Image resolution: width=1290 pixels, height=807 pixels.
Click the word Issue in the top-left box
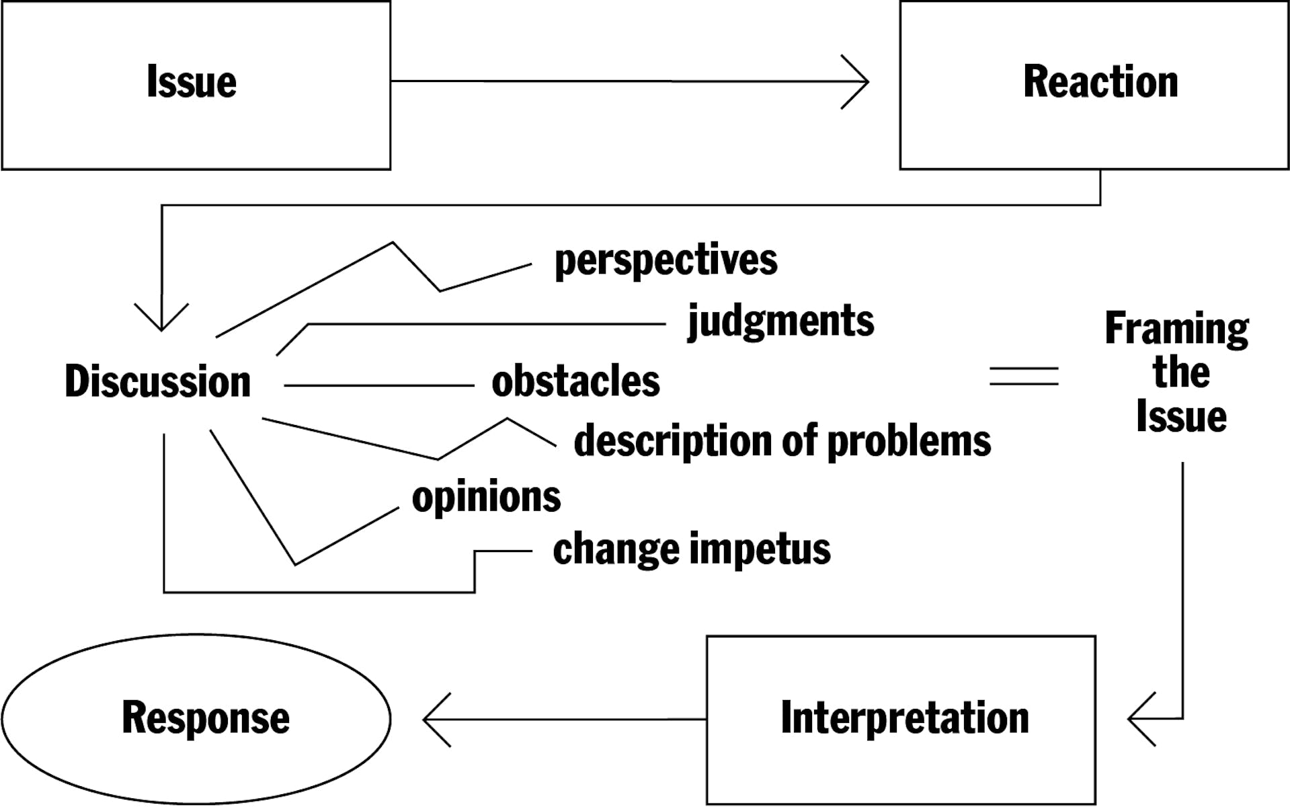192,81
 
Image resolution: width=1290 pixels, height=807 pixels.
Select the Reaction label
1100,81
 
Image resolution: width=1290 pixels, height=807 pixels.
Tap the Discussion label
158,381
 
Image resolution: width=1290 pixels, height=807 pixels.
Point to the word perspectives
666,261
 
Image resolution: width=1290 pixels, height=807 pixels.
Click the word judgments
780,321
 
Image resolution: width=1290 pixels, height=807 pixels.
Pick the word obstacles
575,381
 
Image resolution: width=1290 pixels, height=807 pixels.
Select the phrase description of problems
782,442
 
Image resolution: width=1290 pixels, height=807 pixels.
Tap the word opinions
486,498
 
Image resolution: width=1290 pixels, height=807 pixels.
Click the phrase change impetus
692,549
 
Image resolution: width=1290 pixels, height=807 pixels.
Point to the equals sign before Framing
1024,376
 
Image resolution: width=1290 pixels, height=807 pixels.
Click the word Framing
1177,330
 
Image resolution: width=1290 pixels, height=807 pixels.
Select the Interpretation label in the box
905,718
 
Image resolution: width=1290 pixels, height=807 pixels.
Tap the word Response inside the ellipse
206,718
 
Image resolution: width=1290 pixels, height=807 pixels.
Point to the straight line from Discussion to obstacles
379,385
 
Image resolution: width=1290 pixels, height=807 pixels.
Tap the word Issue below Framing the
1181,416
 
